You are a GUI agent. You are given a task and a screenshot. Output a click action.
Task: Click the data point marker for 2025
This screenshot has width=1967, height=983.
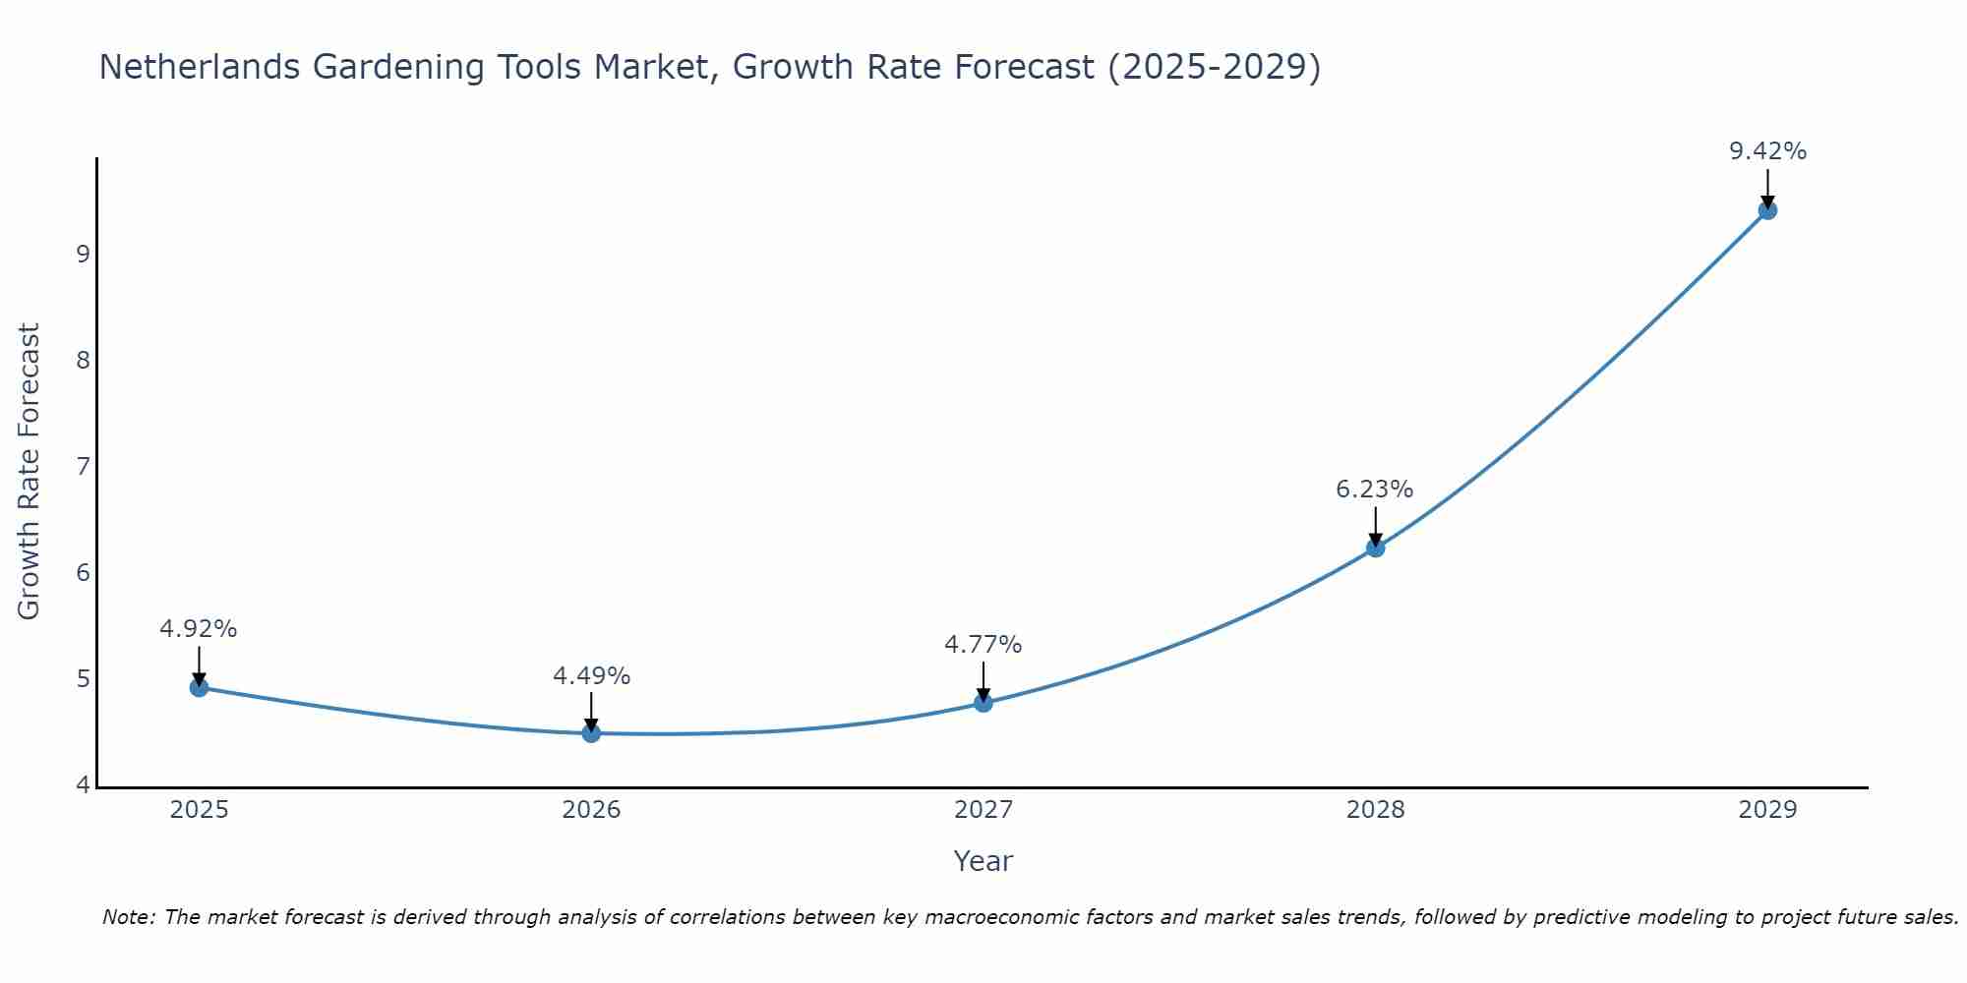(x=199, y=687)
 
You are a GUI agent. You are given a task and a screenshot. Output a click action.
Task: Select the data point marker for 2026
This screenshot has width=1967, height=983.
(x=591, y=733)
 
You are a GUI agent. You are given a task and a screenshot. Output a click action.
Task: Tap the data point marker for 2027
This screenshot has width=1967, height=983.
(x=983, y=703)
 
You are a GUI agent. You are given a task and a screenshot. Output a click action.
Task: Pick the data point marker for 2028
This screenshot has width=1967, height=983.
(x=1375, y=548)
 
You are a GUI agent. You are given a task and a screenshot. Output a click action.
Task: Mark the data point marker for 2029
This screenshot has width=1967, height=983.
(x=1767, y=209)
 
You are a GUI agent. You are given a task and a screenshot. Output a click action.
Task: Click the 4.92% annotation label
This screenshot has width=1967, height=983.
(x=199, y=629)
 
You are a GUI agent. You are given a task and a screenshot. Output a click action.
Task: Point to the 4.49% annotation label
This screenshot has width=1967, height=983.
(x=591, y=676)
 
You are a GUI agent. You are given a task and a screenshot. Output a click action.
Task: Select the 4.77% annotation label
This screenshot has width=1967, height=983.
(x=983, y=645)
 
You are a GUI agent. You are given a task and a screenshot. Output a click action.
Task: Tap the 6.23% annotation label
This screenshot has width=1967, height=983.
(x=1375, y=490)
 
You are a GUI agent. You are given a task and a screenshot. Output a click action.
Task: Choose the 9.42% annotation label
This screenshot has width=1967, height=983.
(x=1767, y=151)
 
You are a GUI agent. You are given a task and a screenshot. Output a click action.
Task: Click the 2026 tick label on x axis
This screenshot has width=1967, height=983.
(x=591, y=810)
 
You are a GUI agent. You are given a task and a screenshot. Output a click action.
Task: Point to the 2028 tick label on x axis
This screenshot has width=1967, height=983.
(x=1375, y=810)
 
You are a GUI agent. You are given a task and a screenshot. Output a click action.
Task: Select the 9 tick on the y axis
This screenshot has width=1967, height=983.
(x=83, y=254)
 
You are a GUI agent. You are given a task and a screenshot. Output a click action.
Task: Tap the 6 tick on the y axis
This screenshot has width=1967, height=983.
(x=83, y=572)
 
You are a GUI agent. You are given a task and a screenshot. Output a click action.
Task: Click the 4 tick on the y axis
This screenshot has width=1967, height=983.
(x=83, y=784)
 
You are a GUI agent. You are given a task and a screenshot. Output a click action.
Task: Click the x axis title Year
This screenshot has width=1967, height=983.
(x=983, y=861)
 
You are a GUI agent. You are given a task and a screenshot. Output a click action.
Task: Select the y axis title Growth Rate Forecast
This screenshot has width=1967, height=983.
(x=30, y=471)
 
